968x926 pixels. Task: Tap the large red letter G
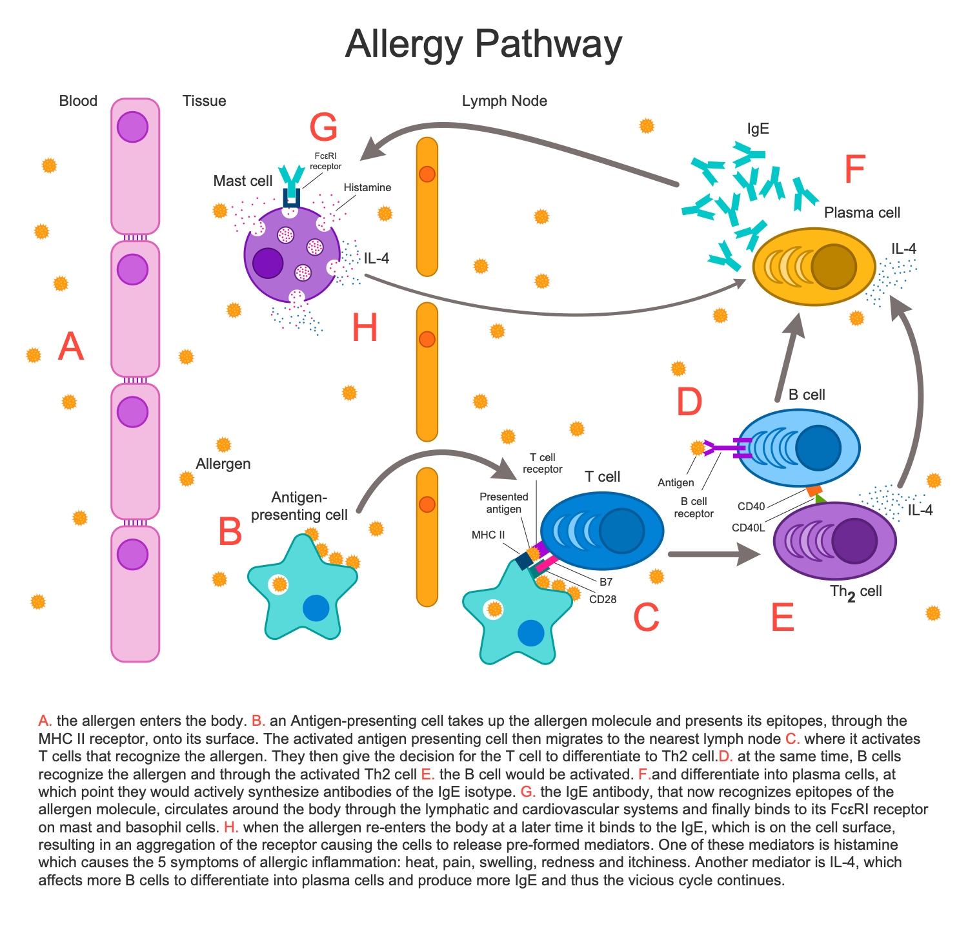coord(323,127)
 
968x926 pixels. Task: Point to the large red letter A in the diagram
coord(71,347)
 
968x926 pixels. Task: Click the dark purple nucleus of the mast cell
coord(268,263)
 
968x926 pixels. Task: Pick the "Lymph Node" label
coord(504,101)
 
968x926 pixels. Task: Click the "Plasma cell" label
coord(862,212)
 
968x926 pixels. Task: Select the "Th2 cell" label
coord(856,592)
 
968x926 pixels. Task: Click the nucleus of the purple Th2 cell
coord(854,541)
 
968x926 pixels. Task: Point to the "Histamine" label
coord(367,187)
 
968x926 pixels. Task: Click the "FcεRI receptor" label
coord(325,161)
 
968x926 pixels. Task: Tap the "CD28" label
coord(603,599)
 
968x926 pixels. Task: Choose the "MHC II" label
coord(489,535)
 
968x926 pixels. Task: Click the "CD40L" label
coord(748,528)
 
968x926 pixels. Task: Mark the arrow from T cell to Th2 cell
coord(713,553)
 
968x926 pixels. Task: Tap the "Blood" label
coord(78,101)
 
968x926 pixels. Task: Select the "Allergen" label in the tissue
coord(223,464)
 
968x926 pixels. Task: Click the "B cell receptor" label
coord(694,508)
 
